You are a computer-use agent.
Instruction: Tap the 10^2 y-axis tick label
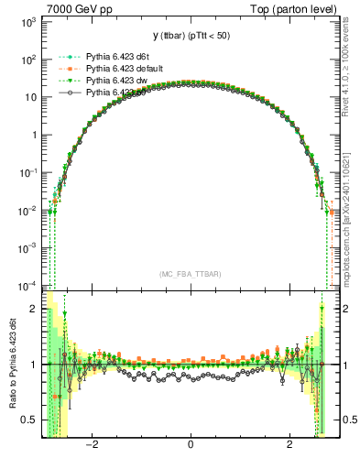coord(27,60)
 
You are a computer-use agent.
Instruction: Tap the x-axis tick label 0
coord(190,446)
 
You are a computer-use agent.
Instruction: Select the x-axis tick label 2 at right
coord(289,446)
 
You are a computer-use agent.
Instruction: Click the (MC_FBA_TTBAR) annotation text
coord(190,274)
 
